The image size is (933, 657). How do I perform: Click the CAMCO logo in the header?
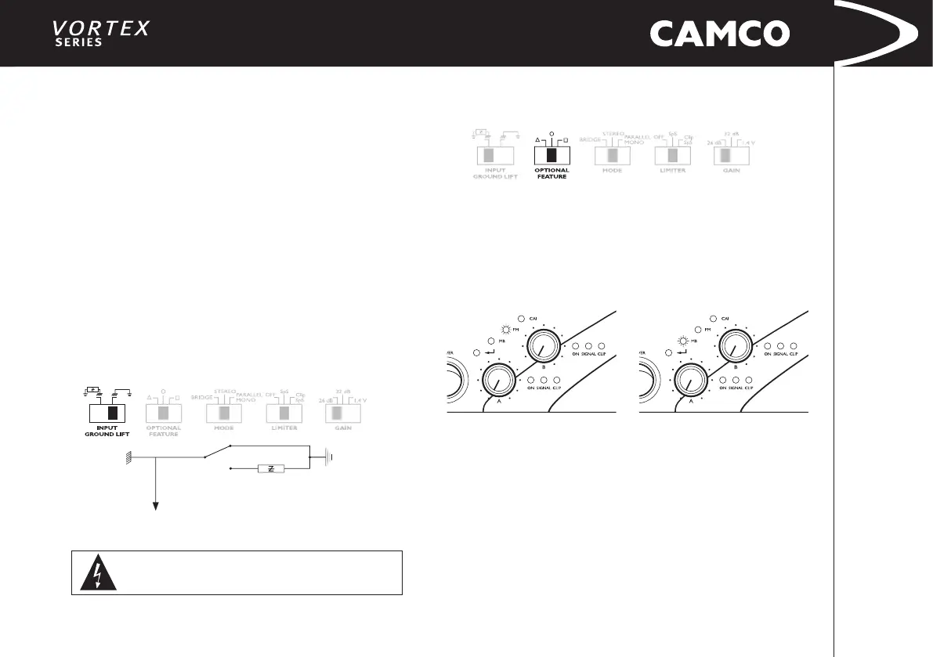click(719, 34)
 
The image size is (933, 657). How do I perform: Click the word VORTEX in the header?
click(100, 27)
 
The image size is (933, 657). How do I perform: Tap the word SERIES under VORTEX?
click(78, 42)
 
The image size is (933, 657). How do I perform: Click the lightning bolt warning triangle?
click(97, 573)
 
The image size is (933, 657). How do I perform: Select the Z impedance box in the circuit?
click(270, 468)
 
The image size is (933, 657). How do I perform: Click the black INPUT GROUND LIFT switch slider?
click(112, 413)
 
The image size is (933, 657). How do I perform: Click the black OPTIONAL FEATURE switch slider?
click(551, 154)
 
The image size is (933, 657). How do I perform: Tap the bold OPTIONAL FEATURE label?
click(551, 173)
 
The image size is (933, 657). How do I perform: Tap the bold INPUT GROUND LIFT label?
click(107, 431)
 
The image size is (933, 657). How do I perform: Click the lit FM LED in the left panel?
click(506, 330)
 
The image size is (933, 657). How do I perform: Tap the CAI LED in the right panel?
click(712, 319)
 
